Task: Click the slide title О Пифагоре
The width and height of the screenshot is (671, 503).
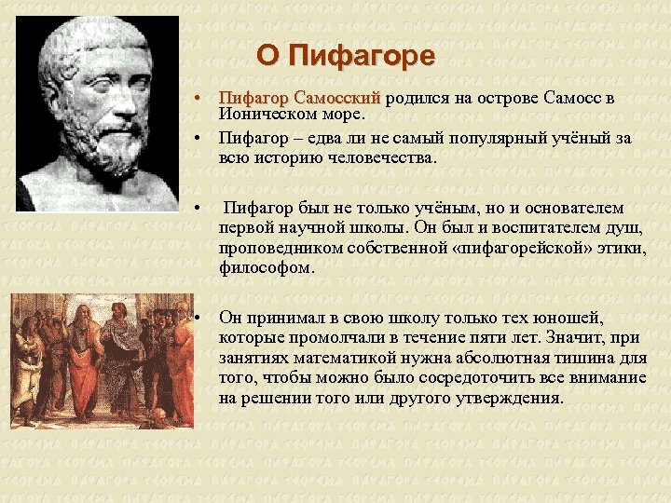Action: pos(346,57)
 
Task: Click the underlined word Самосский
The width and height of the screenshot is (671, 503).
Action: pos(336,98)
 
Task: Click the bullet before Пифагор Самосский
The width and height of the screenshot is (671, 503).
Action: pos(199,99)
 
